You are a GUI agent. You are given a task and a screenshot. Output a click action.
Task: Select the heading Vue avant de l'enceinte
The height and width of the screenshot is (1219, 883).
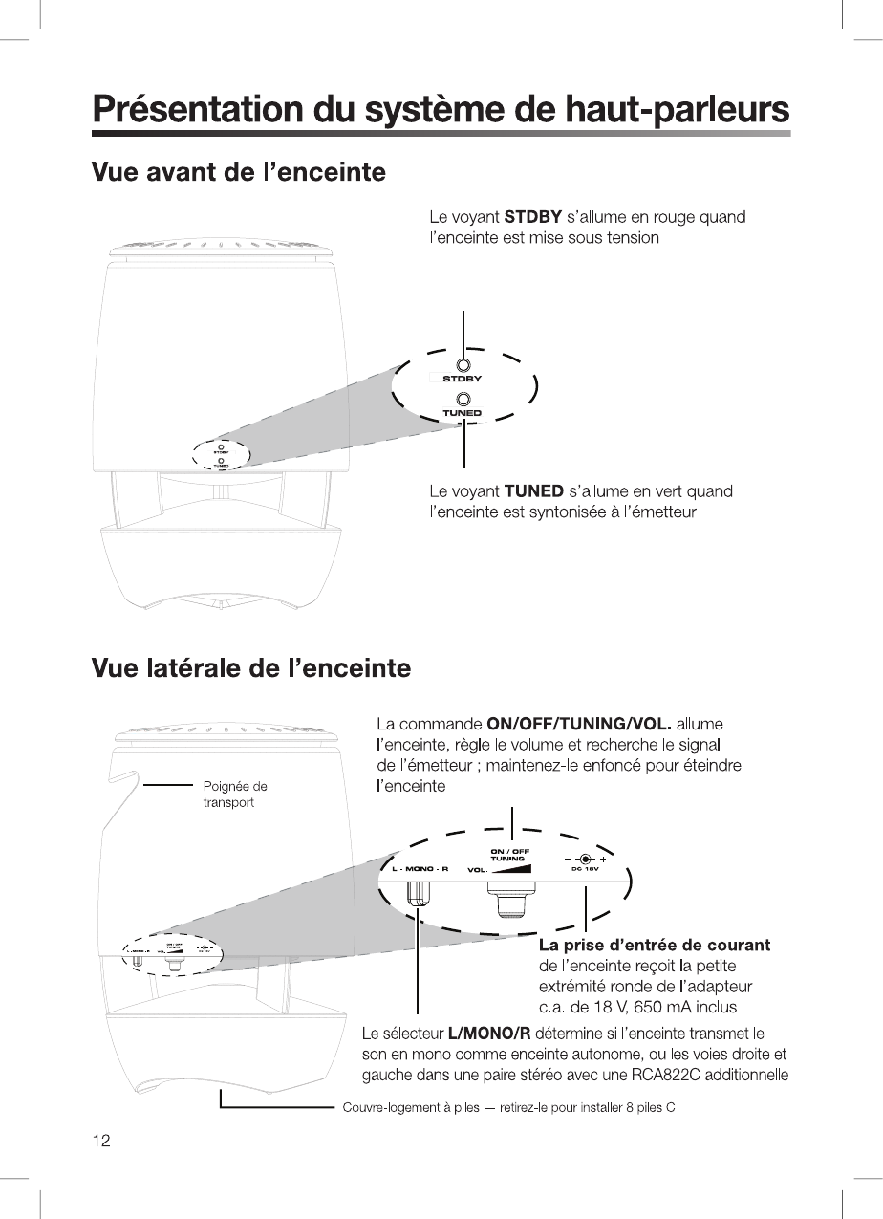(238, 173)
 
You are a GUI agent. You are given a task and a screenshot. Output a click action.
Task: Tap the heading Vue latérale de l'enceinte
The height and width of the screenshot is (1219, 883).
(250, 667)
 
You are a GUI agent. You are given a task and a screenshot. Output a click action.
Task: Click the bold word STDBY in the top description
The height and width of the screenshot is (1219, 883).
(533, 217)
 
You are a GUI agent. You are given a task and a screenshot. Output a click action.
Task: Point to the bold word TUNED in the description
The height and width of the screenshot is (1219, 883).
(533, 491)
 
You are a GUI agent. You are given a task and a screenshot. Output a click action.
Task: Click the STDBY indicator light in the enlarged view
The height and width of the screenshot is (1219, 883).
(463, 365)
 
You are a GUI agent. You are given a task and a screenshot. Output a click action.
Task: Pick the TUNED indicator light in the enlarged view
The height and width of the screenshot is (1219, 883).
(463, 399)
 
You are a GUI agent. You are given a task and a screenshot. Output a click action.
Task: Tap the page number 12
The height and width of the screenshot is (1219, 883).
(101, 1140)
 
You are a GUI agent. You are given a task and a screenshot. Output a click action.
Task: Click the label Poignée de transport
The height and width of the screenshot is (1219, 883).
(234, 795)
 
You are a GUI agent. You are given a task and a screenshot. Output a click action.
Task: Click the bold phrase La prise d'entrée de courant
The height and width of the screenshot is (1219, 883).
(655, 946)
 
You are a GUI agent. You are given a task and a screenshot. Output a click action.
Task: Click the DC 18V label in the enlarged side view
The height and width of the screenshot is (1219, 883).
(584, 869)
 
